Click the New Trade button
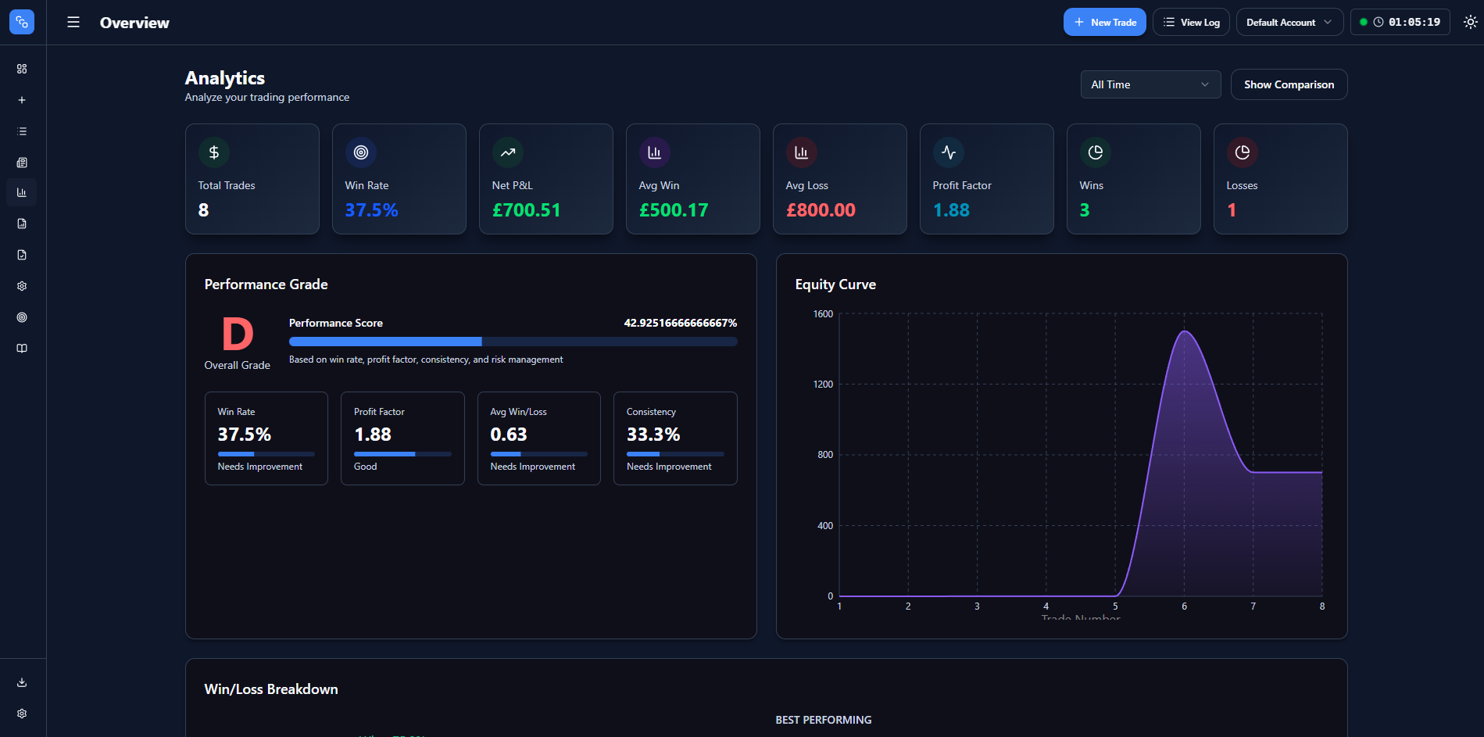click(1104, 22)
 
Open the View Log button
click(1191, 22)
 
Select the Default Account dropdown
click(1289, 22)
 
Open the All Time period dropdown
click(1150, 84)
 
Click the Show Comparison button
click(1289, 84)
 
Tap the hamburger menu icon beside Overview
click(73, 22)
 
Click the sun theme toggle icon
click(1470, 22)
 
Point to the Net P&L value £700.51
click(526, 210)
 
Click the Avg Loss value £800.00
click(821, 210)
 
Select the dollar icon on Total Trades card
click(213, 152)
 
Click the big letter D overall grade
click(238, 335)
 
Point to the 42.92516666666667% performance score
click(680, 323)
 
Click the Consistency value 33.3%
click(653, 435)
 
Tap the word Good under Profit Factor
click(365, 467)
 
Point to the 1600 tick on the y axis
click(823, 314)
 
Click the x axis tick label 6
click(1184, 606)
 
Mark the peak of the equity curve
click(1185, 331)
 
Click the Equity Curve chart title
click(835, 284)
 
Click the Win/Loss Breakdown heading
click(271, 689)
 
